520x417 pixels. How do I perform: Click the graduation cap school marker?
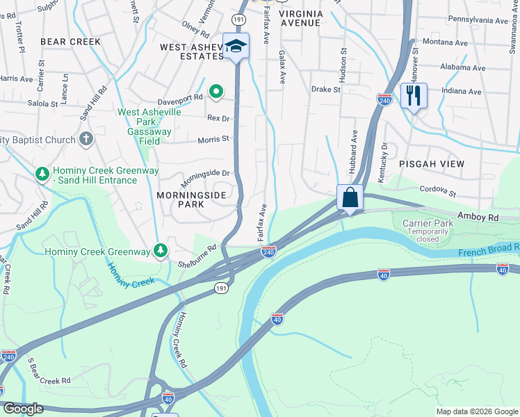click(236, 47)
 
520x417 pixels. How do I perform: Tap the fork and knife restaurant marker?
click(414, 95)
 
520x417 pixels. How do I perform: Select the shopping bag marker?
click(350, 197)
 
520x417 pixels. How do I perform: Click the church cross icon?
click(86, 140)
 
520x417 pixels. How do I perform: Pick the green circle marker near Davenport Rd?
click(216, 90)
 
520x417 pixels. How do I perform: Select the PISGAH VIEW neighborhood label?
click(432, 163)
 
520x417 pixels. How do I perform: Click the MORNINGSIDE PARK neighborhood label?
click(191, 199)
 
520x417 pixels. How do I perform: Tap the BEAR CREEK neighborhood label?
click(70, 42)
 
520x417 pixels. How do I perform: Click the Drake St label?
click(325, 89)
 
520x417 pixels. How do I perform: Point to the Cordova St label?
click(437, 190)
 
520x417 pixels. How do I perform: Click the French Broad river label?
click(489, 248)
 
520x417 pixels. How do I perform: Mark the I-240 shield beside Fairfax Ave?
click(269, 251)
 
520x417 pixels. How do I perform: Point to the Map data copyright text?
click(476, 411)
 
